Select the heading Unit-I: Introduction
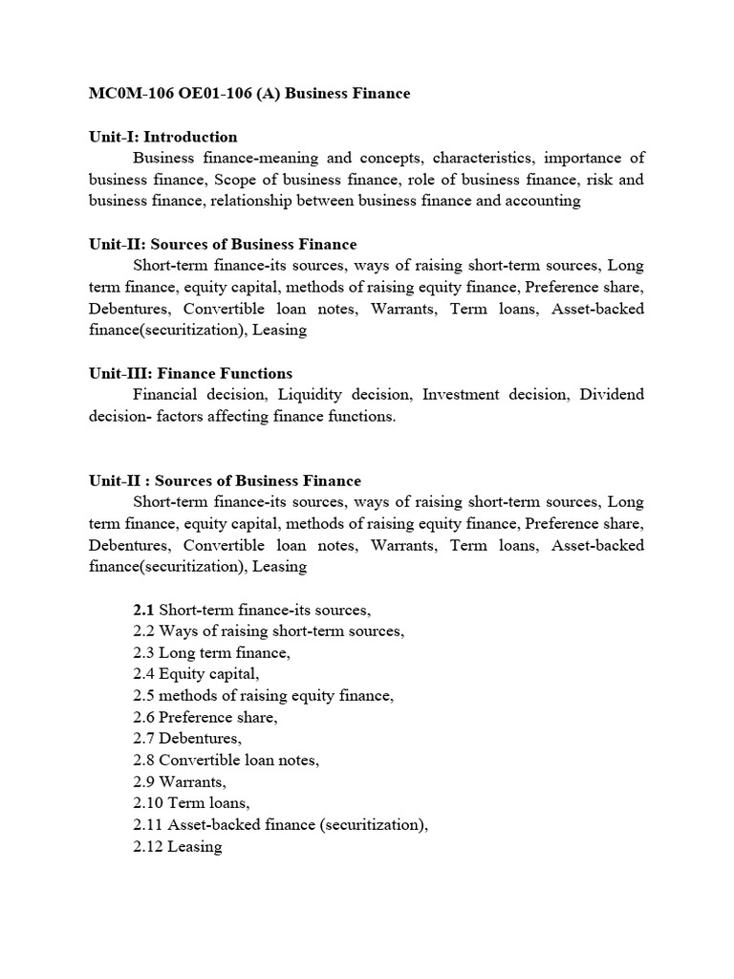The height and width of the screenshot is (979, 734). pyautogui.click(x=162, y=137)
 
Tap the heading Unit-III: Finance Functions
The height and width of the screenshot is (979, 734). pyautogui.click(x=190, y=373)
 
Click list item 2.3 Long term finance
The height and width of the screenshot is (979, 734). pyautogui.click(x=211, y=653)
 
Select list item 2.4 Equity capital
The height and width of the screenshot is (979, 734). pyautogui.click(x=197, y=674)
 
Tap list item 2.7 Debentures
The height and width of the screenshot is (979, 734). pyautogui.click(x=188, y=739)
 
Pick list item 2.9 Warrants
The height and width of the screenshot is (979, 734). pyautogui.click(x=181, y=782)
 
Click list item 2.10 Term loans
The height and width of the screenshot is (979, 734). pyautogui.click(x=189, y=804)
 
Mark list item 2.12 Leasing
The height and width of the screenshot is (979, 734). pyautogui.click(x=178, y=847)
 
